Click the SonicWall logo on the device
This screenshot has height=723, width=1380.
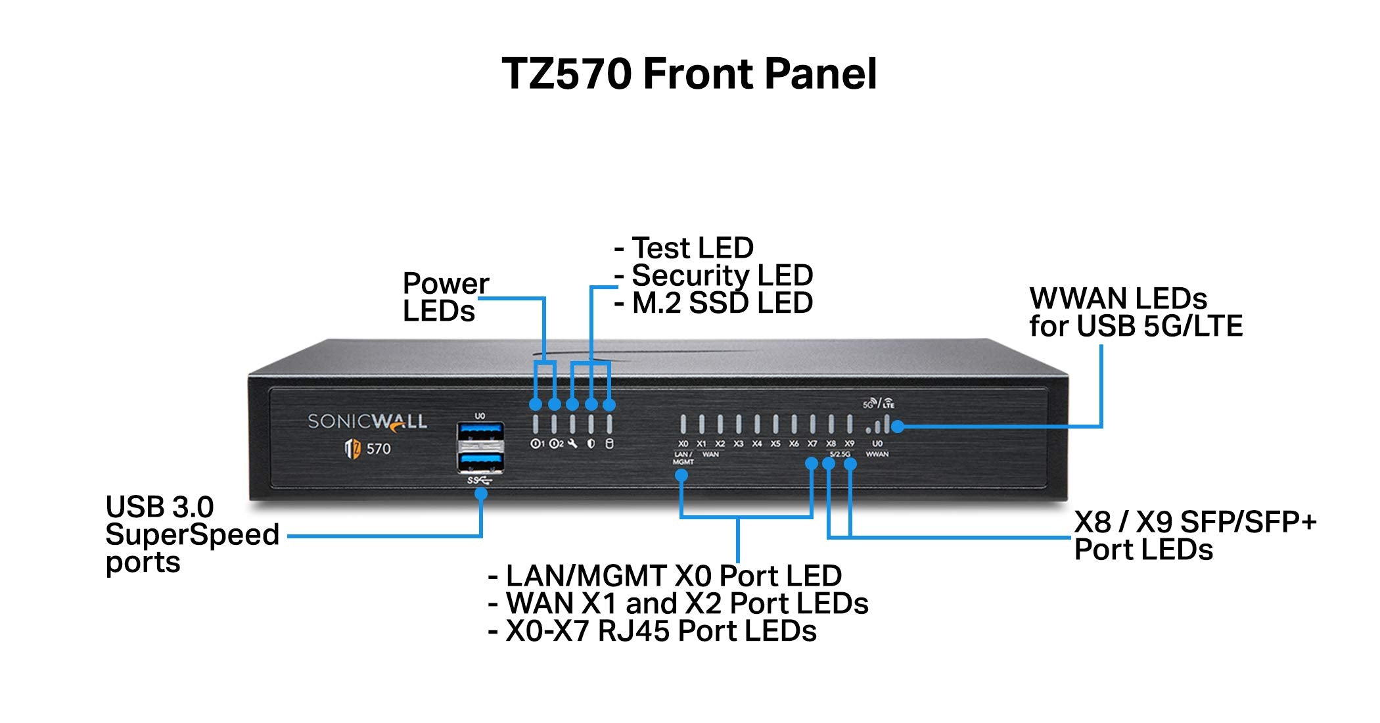point(367,421)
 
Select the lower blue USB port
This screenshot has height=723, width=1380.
point(481,461)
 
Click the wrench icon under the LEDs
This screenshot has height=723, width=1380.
point(573,444)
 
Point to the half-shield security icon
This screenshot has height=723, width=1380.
point(591,444)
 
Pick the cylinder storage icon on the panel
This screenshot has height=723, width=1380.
point(609,444)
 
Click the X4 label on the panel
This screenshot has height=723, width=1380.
point(757,444)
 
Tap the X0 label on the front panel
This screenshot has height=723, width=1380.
point(683,444)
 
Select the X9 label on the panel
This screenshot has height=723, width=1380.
point(850,444)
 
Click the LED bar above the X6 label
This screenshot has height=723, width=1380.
point(794,424)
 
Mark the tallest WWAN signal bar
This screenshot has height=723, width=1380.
point(887,423)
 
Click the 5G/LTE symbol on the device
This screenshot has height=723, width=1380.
point(879,403)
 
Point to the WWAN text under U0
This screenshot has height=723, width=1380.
point(877,454)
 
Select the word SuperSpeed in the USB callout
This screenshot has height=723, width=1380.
point(193,534)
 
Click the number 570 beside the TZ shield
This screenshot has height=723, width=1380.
point(379,449)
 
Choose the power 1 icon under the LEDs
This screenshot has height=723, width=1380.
point(537,444)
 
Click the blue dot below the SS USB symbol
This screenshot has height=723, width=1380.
point(481,493)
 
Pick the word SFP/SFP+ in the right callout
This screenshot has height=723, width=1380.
point(1249,523)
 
